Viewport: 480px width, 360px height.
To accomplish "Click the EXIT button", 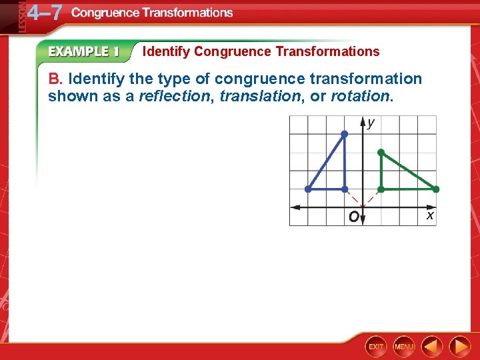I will coord(376,347).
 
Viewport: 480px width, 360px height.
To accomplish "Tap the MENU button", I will coord(404,347).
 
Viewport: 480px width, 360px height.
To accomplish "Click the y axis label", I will coord(371,123).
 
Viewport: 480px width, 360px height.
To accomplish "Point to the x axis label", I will coord(430,215).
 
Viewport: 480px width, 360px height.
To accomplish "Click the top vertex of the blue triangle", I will coord(344,134).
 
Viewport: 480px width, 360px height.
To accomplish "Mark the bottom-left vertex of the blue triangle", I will coord(308,189).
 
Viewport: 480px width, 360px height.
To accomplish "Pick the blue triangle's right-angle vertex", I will coord(344,189).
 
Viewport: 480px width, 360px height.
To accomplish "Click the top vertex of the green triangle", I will coord(381,153).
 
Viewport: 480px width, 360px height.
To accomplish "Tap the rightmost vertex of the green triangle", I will coord(435,189).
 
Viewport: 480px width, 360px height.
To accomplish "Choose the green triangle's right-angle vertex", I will coord(381,189).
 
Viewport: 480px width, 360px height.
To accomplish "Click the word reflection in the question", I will coord(173,96).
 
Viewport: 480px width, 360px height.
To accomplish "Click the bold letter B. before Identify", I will coord(55,79).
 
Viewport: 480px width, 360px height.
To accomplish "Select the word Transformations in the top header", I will coord(193,13).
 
